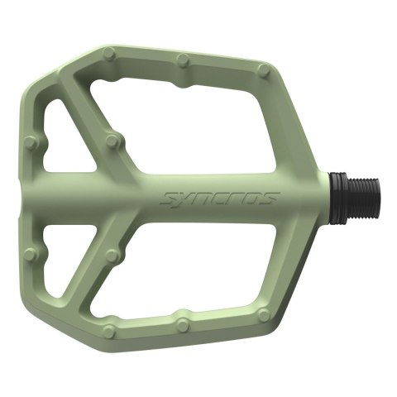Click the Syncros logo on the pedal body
click(219, 198)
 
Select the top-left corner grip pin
click(108, 54)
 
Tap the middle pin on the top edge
click(184, 60)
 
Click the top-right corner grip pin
click(263, 69)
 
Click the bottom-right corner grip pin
click(263, 314)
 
